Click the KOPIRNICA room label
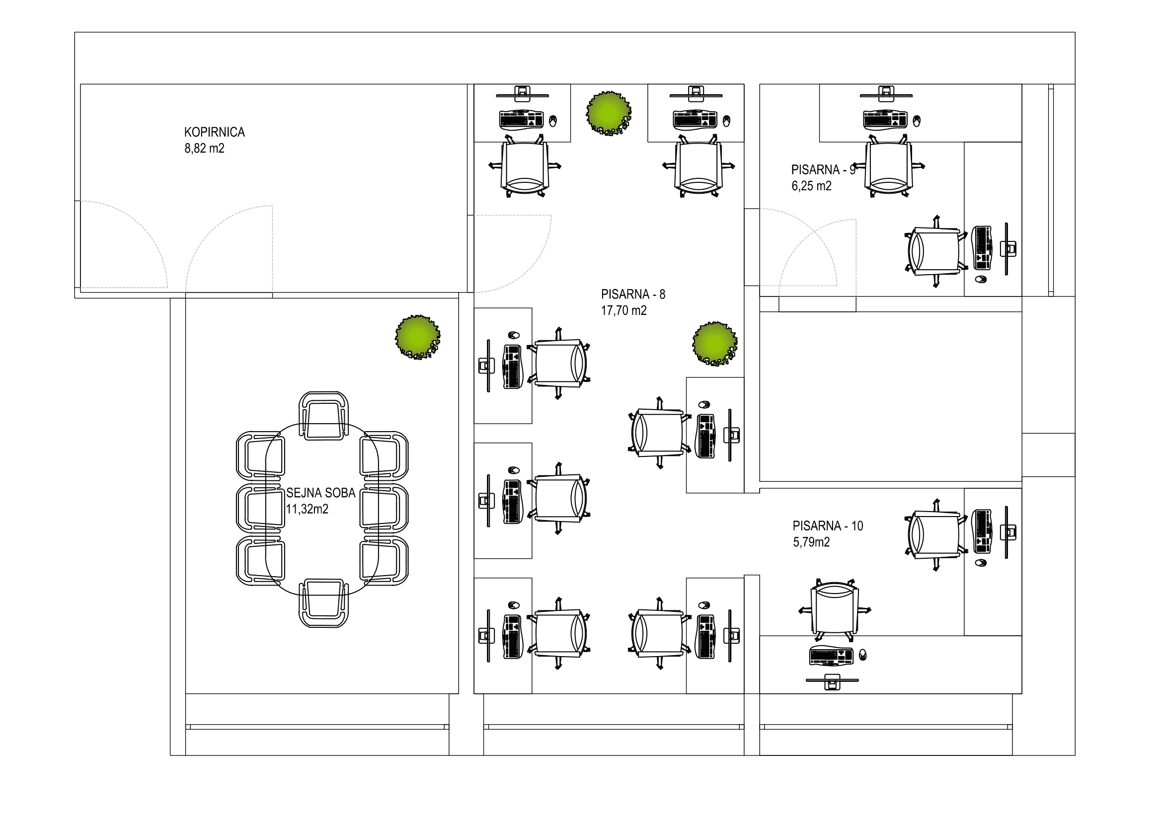(214, 132)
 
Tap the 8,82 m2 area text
(204, 148)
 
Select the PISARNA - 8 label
(632, 294)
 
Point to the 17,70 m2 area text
(623, 310)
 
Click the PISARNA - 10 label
(828, 525)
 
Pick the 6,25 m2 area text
(811, 186)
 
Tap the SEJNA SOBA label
(321, 493)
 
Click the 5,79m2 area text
(811, 542)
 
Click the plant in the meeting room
(417, 337)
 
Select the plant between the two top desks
(609, 112)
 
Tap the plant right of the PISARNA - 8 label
(714, 343)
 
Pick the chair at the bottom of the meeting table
(323, 603)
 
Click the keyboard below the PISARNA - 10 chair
(831, 656)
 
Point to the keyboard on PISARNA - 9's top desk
(885, 120)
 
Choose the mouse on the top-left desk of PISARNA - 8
(552, 121)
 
